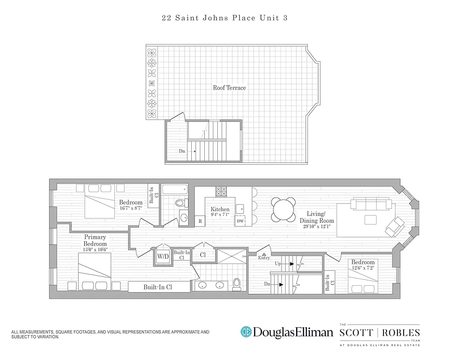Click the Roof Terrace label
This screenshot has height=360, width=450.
click(229, 88)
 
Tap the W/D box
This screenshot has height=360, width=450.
click(162, 256)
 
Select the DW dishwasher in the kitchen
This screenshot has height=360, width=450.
click(240, 221)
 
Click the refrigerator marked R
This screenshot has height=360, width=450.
click(199, 221)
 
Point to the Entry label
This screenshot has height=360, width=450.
click(264, 258)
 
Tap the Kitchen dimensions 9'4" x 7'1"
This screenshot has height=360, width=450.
click(220, 215)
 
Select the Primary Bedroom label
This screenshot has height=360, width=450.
click(95, 240)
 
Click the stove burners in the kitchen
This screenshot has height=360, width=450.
click(221, 191)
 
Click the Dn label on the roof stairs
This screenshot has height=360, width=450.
click(182, 151)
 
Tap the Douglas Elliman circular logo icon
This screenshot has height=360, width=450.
click(246, 332)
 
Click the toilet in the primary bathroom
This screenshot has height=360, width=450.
click(236, 284)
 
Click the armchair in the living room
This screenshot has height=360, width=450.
click(395, 226)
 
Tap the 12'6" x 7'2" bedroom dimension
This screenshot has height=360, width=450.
click(363, 269)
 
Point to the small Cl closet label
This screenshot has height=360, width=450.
click(203, 255)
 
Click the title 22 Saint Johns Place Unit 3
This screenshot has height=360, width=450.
click(225, 18)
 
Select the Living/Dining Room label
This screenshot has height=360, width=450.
click(317, 217)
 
